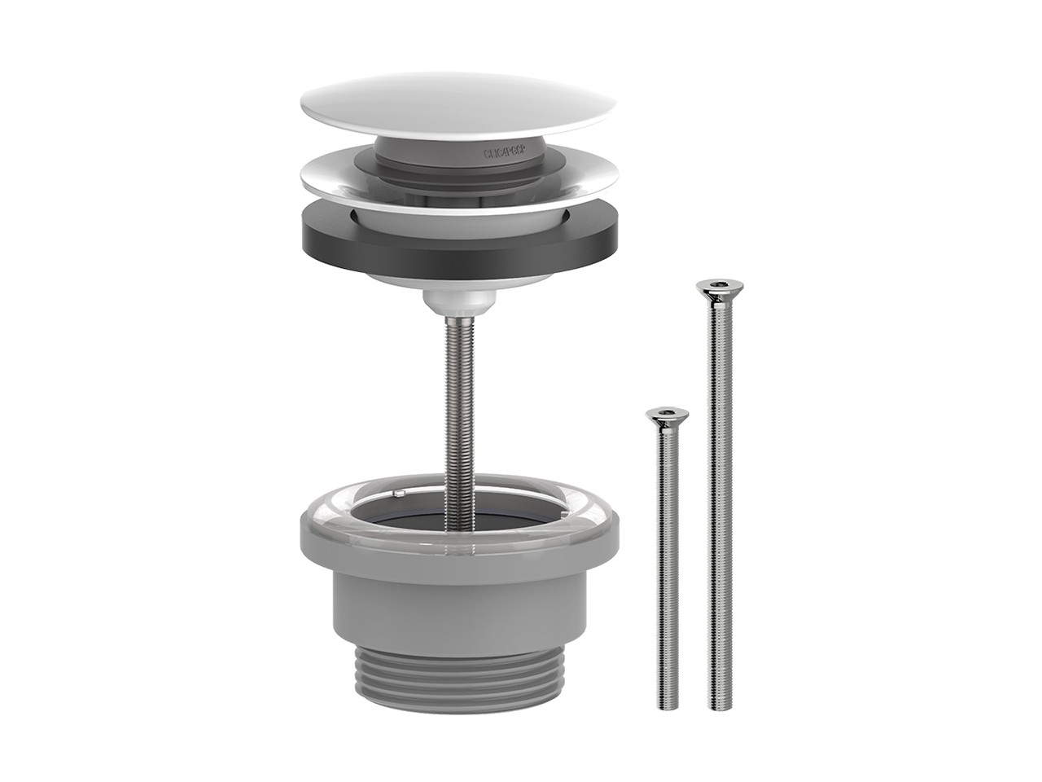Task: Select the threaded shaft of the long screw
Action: coord(716,489)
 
